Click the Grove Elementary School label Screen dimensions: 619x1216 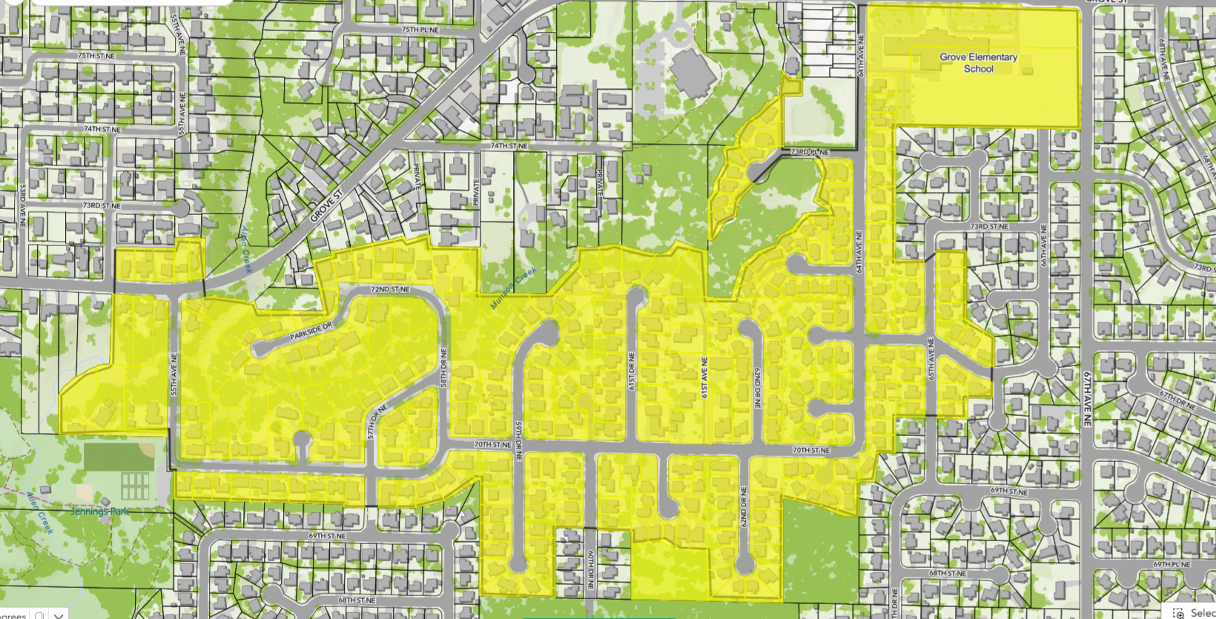[978, 62]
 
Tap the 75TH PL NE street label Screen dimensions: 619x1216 [420, 30]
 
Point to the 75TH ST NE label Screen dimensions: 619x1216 [96, 56]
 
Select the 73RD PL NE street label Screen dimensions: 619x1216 [810, 152]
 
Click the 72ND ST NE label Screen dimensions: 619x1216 [390, 289]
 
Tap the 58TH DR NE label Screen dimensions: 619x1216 [443, 367]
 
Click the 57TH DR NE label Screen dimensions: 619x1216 [377, 421]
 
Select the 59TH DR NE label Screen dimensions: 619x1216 [518, 441]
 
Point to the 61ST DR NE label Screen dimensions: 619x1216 [632, 371]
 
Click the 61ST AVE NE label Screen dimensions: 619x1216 [704, 377]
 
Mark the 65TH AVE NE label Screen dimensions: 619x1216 [931, 360]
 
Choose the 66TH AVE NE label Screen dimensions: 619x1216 [1043, 245]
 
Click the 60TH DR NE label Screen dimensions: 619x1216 [591, 569]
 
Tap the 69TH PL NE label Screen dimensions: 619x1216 [1172, 564]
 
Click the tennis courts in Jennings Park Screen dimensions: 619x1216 [135, 486]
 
